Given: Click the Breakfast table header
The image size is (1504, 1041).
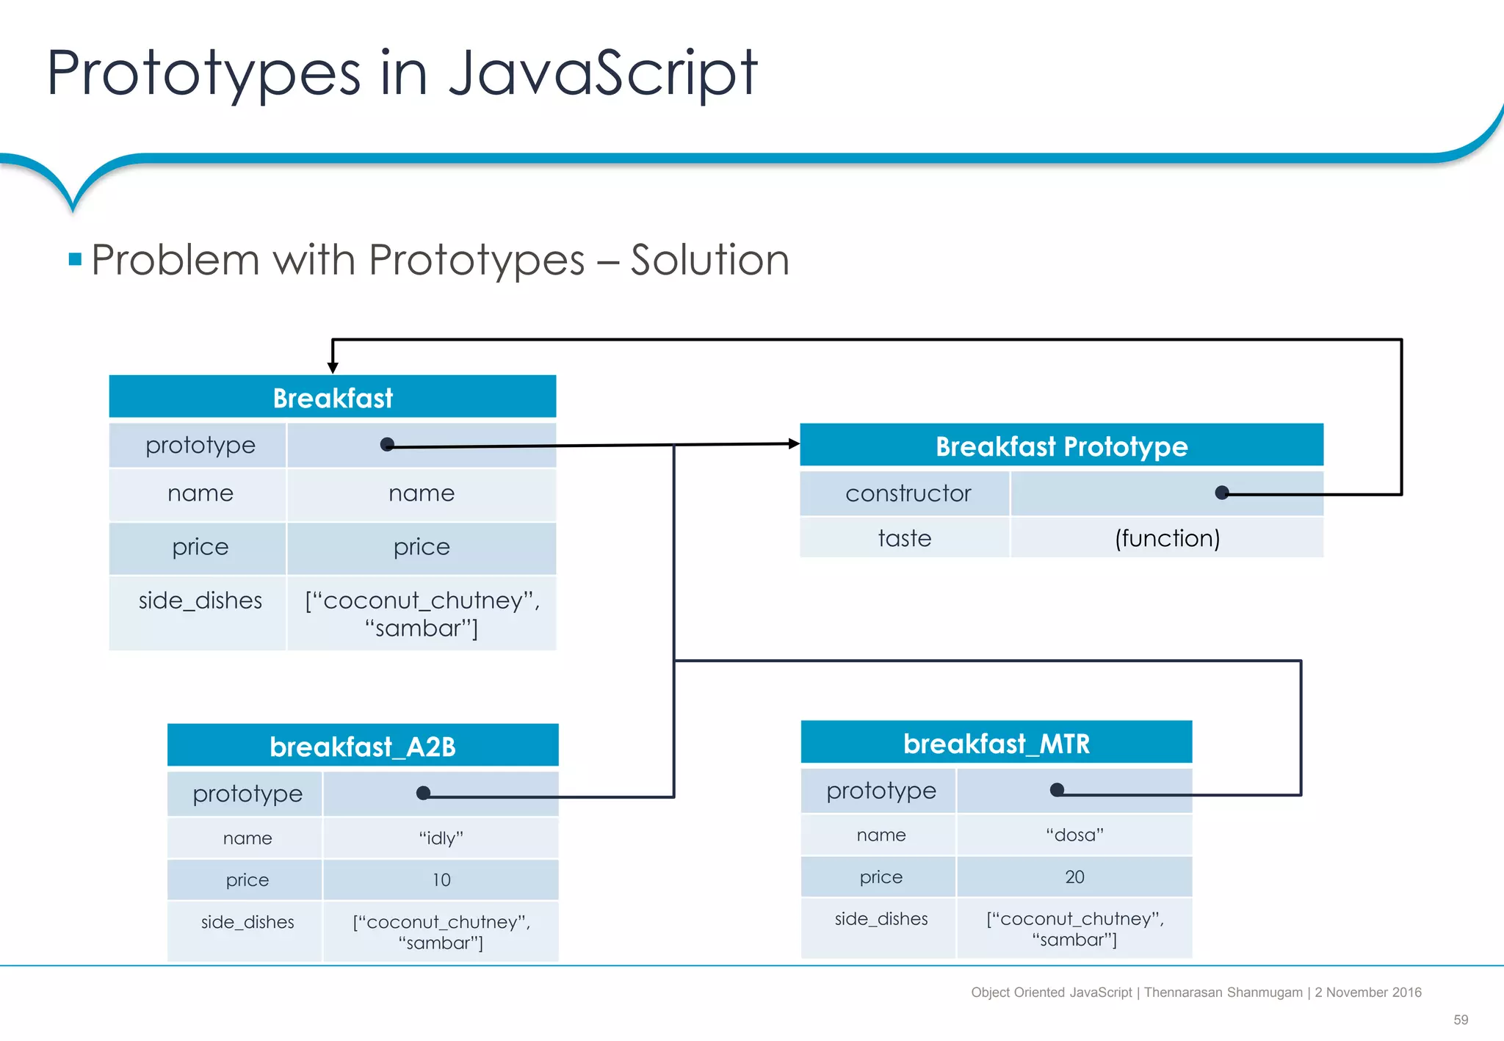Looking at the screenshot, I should pos(332,397).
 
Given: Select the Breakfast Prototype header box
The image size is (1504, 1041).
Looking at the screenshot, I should pos(1060,446).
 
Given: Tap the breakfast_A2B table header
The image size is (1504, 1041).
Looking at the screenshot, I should pos(362,746).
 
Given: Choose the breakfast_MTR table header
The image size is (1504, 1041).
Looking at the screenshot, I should pos(996,743).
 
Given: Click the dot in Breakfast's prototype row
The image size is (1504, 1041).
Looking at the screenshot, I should pos(387,444).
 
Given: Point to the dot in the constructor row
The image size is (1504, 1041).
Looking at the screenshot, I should pos(1221,493).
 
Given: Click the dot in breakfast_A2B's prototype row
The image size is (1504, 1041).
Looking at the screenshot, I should pos(423,793).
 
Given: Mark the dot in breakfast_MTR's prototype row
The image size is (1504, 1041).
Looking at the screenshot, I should pos(1057,790).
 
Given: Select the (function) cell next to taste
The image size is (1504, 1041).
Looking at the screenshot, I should pos(1166,538).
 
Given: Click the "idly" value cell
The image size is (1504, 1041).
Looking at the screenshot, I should pos(441,838).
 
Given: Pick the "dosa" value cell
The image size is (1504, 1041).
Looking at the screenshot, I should pos(1074,835).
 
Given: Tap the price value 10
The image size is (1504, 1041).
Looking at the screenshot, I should pos(441,879).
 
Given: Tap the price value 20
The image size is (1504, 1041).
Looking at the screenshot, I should pos(1074,877).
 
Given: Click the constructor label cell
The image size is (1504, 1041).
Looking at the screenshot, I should pos(907,493).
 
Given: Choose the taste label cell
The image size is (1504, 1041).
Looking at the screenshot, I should pos(904,538).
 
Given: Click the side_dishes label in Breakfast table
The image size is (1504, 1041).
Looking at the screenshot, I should pos(200,601).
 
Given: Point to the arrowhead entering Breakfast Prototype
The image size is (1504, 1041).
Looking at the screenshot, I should pos(794,443).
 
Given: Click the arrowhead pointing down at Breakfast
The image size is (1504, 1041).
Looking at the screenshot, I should pos(333,368).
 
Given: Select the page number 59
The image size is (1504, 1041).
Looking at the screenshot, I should pos(1460,1020).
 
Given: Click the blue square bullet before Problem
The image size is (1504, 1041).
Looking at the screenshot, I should pos(75,259).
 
